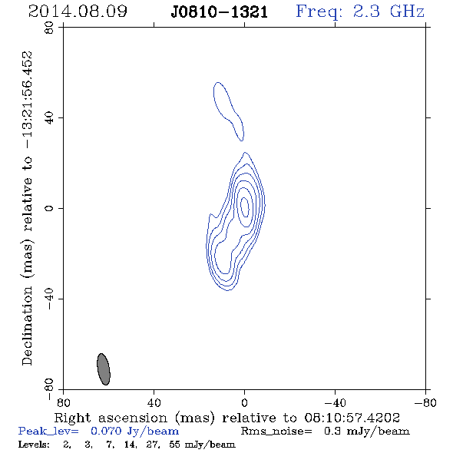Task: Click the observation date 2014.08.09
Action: click(78, 12)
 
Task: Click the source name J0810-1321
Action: click(220, 12)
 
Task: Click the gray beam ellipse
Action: click(104, 369)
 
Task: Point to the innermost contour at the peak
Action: click(245, 207)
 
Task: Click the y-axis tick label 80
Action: click(49, 28)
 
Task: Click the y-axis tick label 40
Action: click(49, 118)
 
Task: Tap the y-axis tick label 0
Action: click(49, 208)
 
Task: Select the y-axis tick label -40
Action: click(49, 299)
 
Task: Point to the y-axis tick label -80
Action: click(49, 389)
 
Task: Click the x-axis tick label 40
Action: click(154, 402)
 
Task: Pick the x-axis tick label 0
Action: click(244, 402)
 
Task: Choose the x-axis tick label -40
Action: click(335, 402)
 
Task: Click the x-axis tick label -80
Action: click(425, 402)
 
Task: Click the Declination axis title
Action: click(27, 208)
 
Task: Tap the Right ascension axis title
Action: click(226, 418)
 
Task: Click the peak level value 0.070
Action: click(106, 431)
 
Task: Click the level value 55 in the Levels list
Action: click(174, 445)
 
